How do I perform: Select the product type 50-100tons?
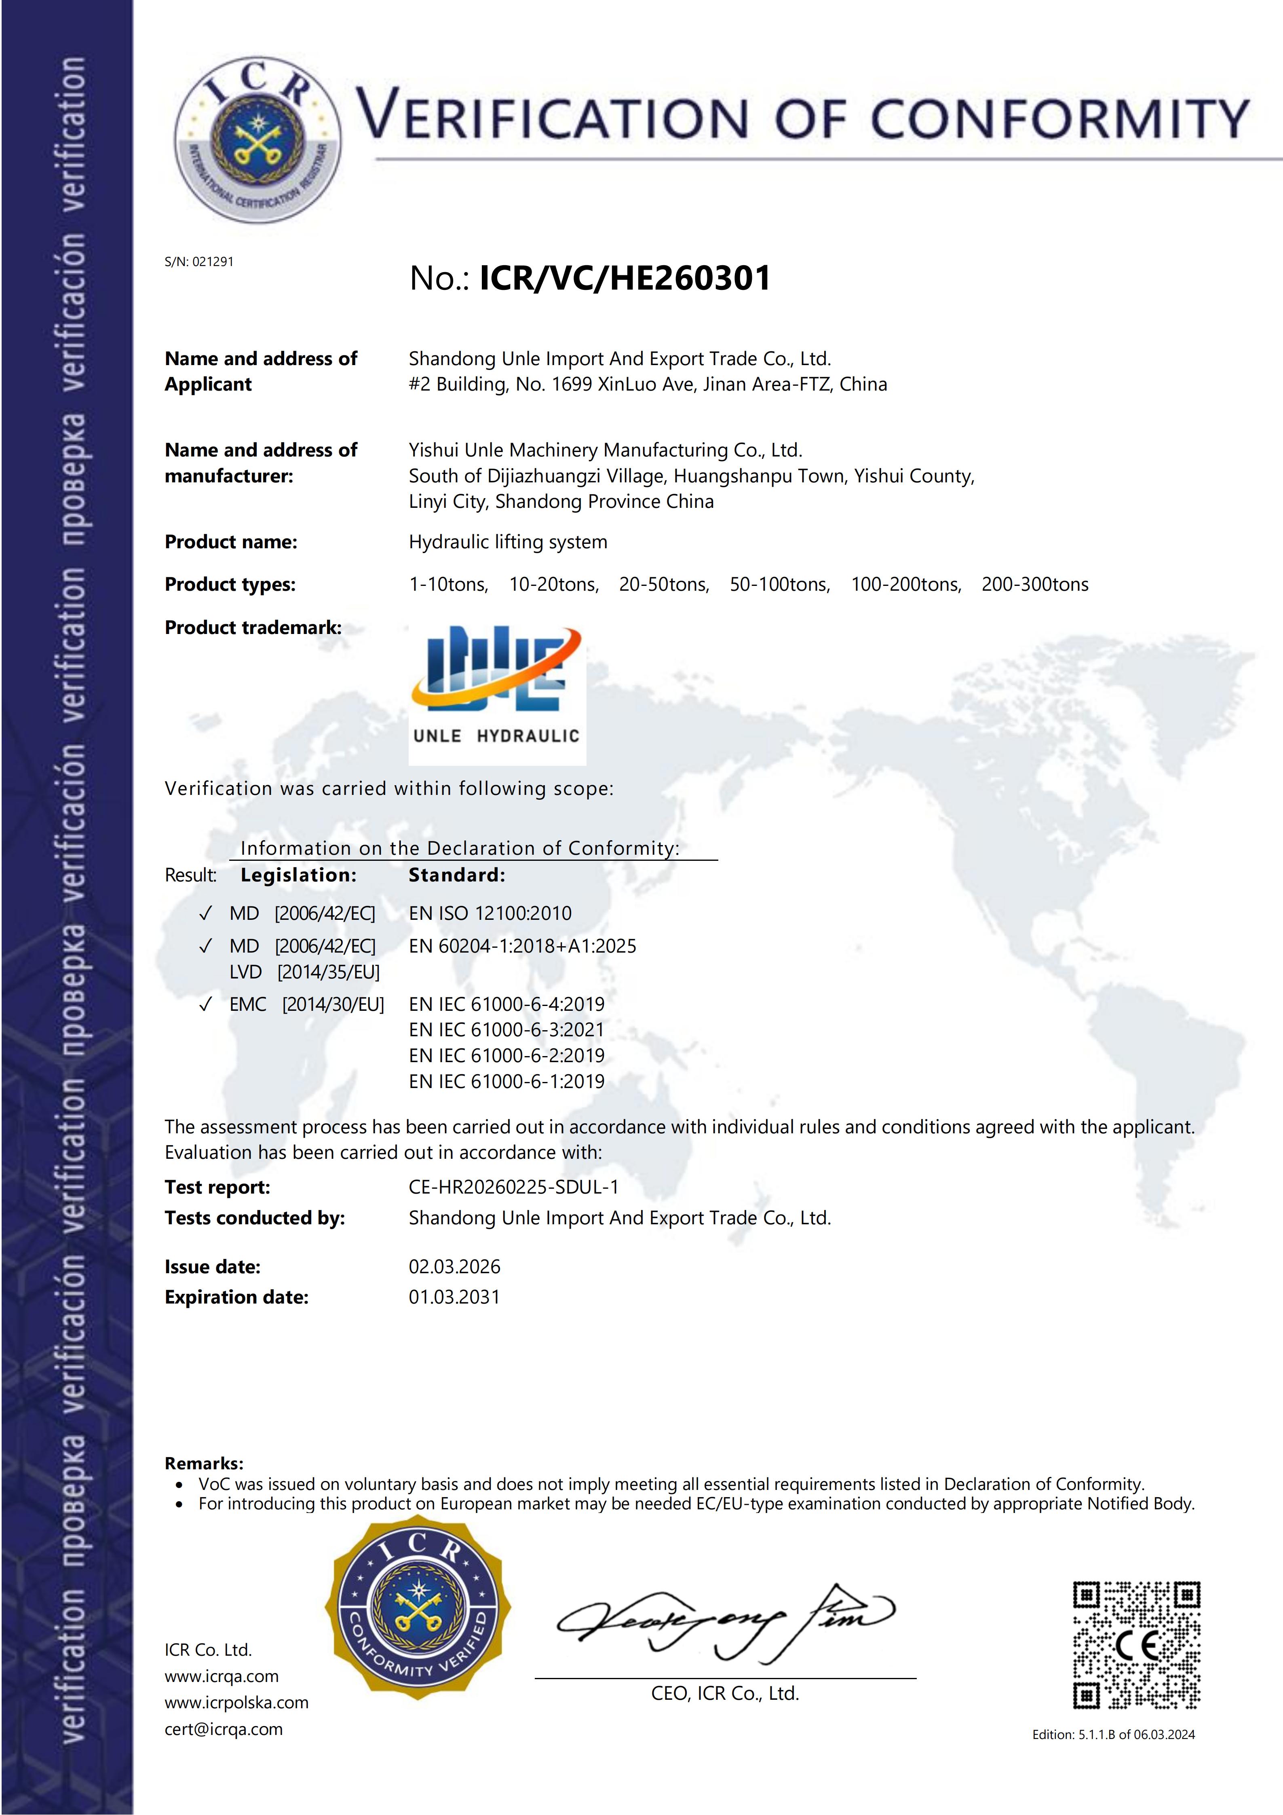(779, 585)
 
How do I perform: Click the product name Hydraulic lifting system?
(508, 542)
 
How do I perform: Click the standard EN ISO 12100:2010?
(490, 914)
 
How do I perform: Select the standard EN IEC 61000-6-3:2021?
(506, 1030)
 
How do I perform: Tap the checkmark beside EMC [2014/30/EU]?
(205, 1005)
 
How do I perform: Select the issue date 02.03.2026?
(454, 1267)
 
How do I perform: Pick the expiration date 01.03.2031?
(454, 1297)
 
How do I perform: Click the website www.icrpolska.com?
(236, 1703)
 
